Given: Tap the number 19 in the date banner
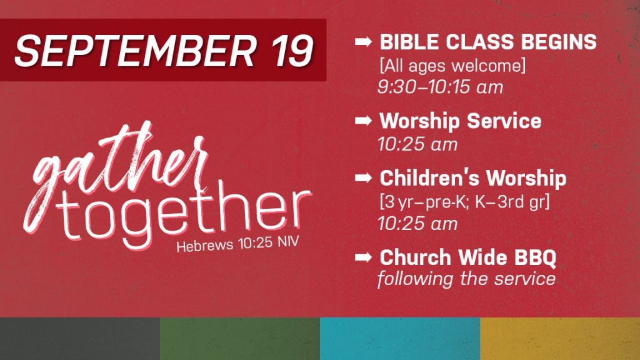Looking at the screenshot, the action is click(x=292, y=51).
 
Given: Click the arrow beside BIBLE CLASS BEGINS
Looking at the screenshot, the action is click(x=363, y=42).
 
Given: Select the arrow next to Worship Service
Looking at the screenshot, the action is click(x=363, y=121).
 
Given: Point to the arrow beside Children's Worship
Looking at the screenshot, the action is click(x=363, y=177).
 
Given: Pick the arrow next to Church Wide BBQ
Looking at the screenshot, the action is click(x=363, y=257).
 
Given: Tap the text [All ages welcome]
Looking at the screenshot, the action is click(x=452, y=65).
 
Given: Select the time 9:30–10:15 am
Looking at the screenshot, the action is click(x=441, y=87).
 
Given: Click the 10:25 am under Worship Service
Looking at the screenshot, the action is click(x=417, y=144).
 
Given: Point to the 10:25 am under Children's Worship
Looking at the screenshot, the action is click(x=417, y=224).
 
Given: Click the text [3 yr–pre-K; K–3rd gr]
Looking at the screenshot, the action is click(x=464, y=202).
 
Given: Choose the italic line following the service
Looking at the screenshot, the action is click(x=466, y=279).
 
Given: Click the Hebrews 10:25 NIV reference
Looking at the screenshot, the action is click(x=237, y=244).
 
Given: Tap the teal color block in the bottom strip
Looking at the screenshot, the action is click(x=400, y=339).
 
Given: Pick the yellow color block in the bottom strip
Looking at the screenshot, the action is click(x=560, y=339).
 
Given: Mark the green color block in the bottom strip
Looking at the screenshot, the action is click(x=240, y=339).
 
